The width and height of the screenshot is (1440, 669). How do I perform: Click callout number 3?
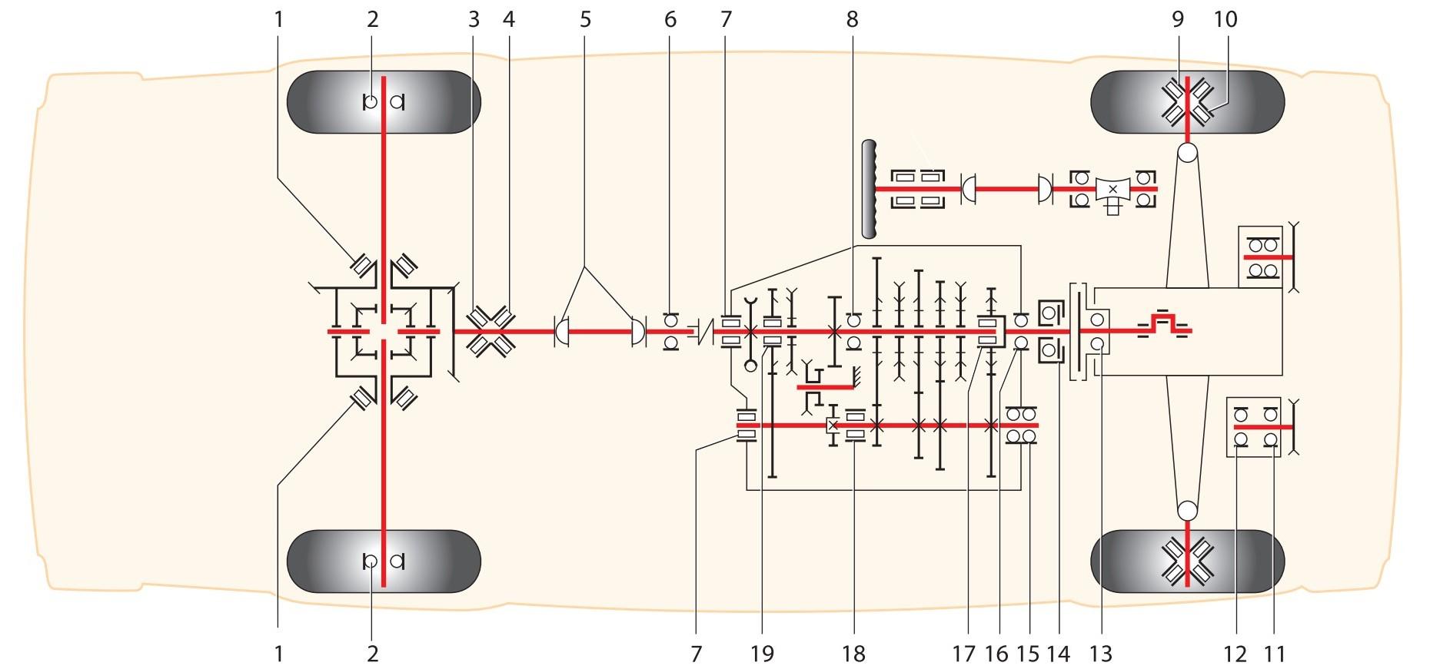tap(473, 19)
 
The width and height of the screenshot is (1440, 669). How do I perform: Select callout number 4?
tap(507, 19)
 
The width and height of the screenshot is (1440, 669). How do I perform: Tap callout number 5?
tap(586, 19)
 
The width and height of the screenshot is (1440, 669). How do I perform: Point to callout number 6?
tap(670, 19)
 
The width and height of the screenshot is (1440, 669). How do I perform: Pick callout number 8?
tap(852, 19)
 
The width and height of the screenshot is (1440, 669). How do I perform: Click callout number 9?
tap(1178, 19)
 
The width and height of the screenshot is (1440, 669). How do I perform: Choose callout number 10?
tap(1225, 19)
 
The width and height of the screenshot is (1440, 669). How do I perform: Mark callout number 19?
tap(762, 654)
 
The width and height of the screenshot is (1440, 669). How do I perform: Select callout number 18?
tap(853, 654)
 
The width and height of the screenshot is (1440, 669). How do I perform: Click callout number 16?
tap(996, 654)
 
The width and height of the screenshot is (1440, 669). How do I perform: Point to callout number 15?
tap(1027, 654)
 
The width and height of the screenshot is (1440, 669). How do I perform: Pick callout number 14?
tap(1059, 654)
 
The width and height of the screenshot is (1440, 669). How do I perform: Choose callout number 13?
tap(1101, 654)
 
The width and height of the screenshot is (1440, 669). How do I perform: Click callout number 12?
tap(1235, 654)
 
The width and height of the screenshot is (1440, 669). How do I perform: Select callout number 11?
tap(1275, 654)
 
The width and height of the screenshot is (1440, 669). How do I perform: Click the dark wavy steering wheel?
tap(870, 189)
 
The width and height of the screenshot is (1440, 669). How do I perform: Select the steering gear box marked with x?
tap(1112, 189)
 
